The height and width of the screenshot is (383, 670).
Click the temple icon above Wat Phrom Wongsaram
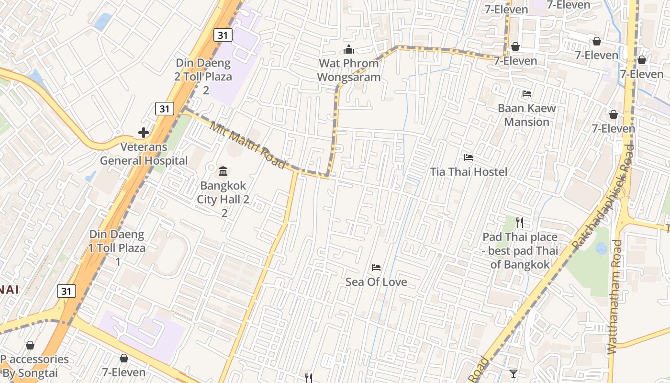pyautogui.click(x=349, y=49)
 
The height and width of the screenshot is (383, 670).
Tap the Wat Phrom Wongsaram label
pyautogui.click(x=349, y=70)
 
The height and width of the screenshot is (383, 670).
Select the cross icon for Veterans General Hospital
pyautogui.click(x=143, y=133)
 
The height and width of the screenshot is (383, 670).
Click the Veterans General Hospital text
pyautogui.click(x=144, y=154)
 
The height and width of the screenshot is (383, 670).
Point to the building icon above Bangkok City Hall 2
pyautogui.click(x=223, y=171)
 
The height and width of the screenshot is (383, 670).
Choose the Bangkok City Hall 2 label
pyautogui.click(x=223, y=192)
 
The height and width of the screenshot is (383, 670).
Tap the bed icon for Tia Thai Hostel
pyautogui.click(x=468, y=157)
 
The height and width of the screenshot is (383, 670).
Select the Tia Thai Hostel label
pyautogui.click(x=468, y=171)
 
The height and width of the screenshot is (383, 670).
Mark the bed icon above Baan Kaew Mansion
pyautogui.click(x=527, y=94)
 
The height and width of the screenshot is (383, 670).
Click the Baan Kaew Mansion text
pyautogui.click(x=527, y=115)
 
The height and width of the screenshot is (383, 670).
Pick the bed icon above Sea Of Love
pyautogui.click(x=376, y=267)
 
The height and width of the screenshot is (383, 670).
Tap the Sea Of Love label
pyautogui.click(x=376, y=282)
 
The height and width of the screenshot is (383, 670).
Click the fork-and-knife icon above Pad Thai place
pyautogui.click(x=520, y=222)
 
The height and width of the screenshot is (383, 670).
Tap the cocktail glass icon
pyautogui.click(x=514, y=373)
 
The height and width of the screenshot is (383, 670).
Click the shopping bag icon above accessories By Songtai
pyautogui.click(x=30, y=345)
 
